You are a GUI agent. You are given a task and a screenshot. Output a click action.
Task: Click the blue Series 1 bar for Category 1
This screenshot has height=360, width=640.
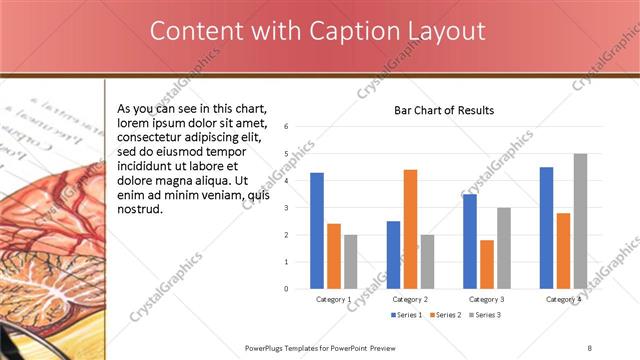(x=317, y=230)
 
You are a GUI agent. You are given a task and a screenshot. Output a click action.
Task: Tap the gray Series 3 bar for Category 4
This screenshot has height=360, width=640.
(x=580, y=221)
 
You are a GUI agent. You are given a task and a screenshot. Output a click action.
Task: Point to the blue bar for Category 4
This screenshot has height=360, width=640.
(x=546, y=228)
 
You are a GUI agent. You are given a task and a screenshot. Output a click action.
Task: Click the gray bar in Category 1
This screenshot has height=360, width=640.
(x=350, y=261)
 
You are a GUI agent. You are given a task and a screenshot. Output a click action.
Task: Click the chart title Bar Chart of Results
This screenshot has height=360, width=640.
(x=444, y=110)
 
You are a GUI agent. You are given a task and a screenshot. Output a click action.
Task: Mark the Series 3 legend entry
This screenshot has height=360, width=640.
(x=485, y=315)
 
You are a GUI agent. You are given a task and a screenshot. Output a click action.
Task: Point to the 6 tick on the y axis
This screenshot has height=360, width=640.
(x=287, y=127)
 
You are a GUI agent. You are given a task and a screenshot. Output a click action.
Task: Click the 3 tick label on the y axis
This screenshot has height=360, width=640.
(x=287, y=208)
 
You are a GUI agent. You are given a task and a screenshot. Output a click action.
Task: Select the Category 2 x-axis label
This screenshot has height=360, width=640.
(x=410, y=299)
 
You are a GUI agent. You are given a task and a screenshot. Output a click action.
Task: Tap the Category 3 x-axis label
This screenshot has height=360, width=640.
(x=487, y=299)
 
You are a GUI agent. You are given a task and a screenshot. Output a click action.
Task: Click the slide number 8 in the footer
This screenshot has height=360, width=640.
(x=589, y=347)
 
